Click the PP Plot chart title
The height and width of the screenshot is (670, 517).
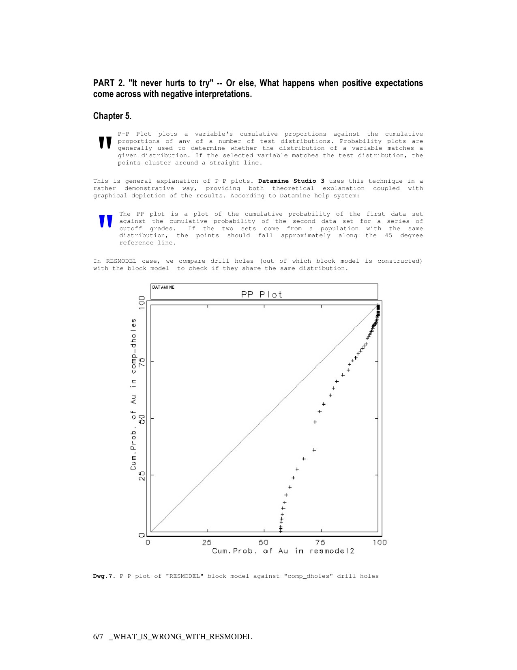262,294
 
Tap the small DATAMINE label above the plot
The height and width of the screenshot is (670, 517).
163,287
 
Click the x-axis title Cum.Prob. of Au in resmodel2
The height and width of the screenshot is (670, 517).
283,551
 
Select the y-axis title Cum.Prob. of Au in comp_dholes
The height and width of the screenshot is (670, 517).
133,394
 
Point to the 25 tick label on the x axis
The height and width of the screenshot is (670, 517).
207,542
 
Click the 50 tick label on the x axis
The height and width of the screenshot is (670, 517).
264,542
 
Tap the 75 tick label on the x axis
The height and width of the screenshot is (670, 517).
320,542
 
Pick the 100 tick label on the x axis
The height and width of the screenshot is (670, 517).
380,542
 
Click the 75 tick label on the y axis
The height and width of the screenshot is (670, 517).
142,361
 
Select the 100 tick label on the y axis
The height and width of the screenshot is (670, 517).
142,303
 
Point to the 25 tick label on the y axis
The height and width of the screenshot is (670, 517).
142,475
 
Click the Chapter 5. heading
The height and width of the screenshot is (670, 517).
112,116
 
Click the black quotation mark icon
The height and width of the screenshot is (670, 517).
105,143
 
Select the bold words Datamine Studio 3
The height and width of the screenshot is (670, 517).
291,181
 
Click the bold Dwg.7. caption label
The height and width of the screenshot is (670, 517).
104,576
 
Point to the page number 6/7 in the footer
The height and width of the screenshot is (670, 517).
98,637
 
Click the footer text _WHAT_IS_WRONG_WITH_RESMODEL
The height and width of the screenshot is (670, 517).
181,637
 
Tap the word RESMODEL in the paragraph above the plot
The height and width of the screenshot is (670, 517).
121,261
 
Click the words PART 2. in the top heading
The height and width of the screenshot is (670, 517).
109,83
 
